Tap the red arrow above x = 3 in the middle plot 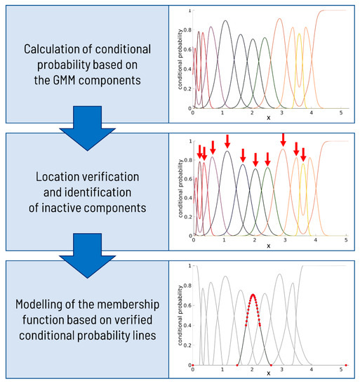[283, 140]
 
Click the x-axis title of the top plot [267, 118]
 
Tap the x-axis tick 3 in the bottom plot [282, 371]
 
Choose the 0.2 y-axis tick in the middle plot [186, 216]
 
